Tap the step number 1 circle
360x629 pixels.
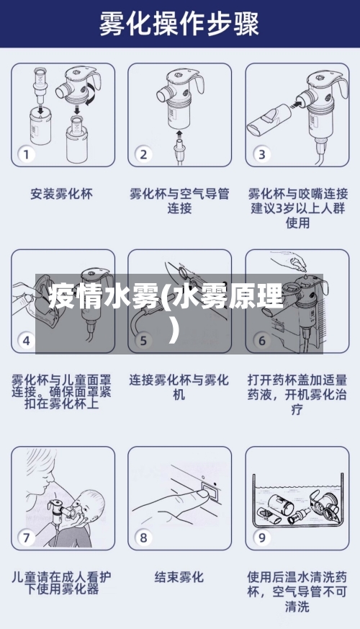pyautogui.click(x=27, y=154)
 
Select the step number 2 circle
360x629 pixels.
pyautogui.click(x=144, y=154)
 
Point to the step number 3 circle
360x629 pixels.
pyautogui.click(x=261, y=154)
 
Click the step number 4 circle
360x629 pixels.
pyautogui.click(x=27, y=340)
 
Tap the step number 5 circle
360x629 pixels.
pyautogui.click(x=144, y=340)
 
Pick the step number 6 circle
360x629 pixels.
pyautogui.click(x=261, y=340)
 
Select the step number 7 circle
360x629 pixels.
pyautogui.click(x=27, y=537)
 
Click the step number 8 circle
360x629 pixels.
pyautogui.click(x=144, y=537)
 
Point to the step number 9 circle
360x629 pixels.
pyautogui.click(x=261, y=537)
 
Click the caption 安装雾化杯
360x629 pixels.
pyautogui.click(x=61, y=194)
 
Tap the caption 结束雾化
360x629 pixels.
pyautogui.click(x=179, y=577)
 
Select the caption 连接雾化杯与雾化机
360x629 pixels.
pyautogui.click(x=179, y=387)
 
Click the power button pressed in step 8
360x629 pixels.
pyautogui.click(x=210, y=492)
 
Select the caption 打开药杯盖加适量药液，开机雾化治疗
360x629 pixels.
pyautogui.click(x=297, y=393)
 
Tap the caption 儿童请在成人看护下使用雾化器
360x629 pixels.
pyautogui.click(x=61, y=583)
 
